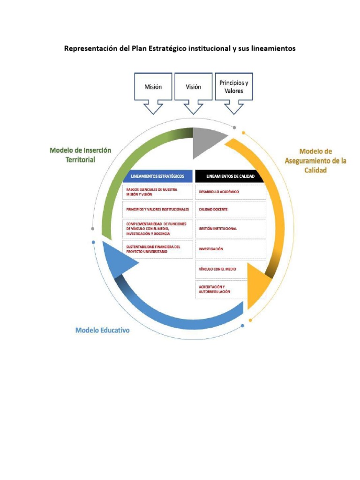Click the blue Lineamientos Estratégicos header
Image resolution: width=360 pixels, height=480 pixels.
click(x=157, y=176)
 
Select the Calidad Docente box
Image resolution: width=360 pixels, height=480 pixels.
click(x=230, y=210)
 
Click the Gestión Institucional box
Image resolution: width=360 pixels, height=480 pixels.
click(x=230, y=229)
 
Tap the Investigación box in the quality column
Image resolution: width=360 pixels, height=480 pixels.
click(x=230, y=249)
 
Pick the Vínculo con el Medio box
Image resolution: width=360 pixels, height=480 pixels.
click(x=230, y=269)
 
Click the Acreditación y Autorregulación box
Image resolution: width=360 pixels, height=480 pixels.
click(x=230, y=289)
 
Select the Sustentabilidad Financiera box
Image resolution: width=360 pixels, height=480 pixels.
click(x=158, y=249)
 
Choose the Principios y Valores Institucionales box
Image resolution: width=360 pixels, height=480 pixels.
click(x=158, y=209)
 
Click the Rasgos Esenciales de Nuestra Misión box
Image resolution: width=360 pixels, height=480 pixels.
click(x=158, y=192)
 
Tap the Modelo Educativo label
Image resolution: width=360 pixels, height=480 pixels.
click(x=103, y=330)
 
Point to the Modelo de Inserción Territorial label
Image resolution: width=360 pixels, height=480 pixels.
click(x=80, y=155)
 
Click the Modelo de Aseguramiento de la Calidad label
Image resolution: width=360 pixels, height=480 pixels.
click(x=315, y=161)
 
